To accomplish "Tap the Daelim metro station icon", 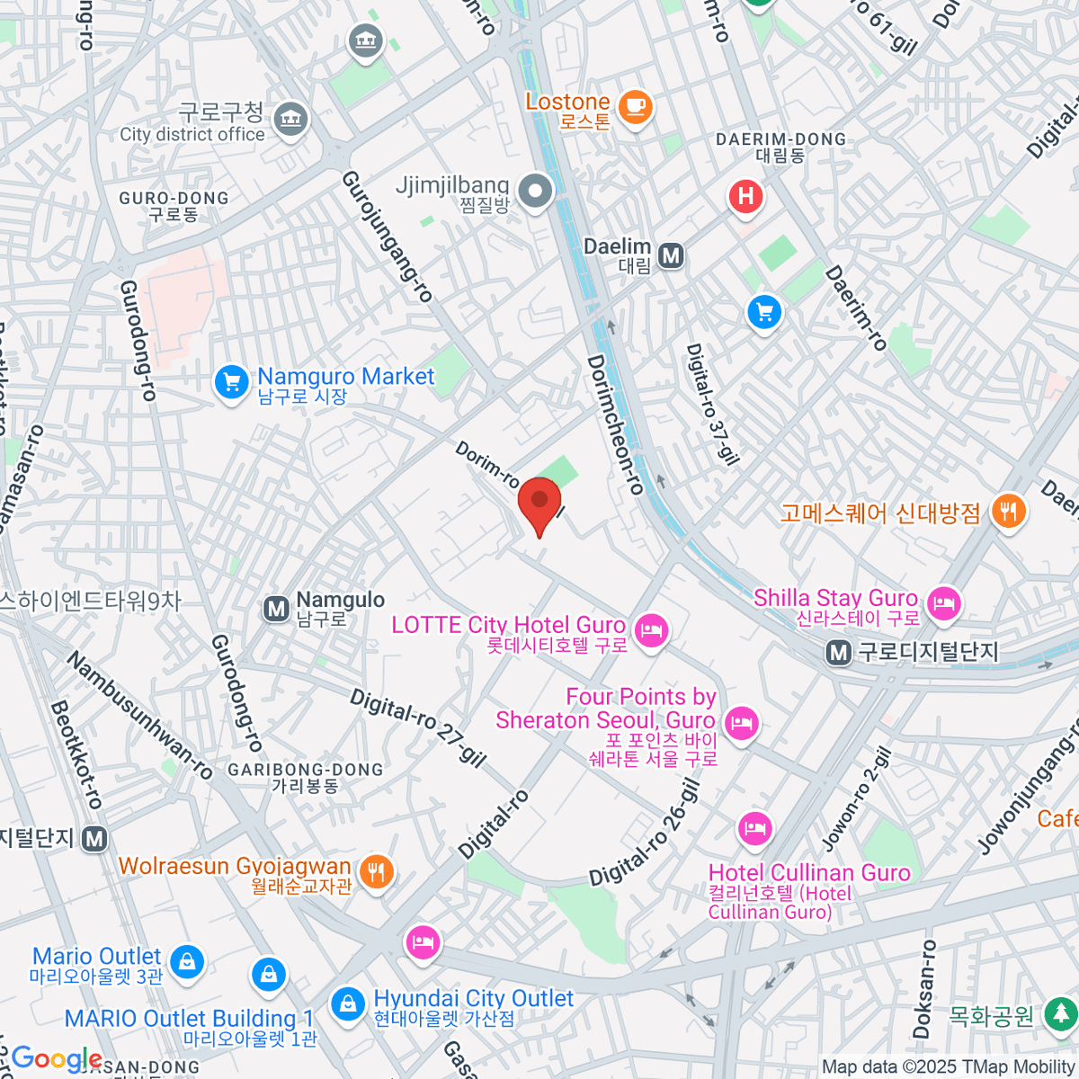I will pos(671,256).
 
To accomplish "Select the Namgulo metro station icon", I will pos(276,609).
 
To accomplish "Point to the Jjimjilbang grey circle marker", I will pos(536,192).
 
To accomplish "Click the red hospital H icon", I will pos(745,196).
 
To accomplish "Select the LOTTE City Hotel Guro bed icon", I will pos(651,630).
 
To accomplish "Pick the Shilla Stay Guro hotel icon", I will pos(943,603).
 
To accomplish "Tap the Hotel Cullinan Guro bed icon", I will pos(754,828).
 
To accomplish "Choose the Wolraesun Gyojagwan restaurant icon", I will pos(376,871).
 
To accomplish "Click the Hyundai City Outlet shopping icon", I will pos(347,1004).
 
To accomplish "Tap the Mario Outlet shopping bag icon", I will pos(186,961).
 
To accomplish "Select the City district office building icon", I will pos(291,119).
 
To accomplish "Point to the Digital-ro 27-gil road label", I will pos(417,728).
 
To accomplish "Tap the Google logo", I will pos(56,1058).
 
